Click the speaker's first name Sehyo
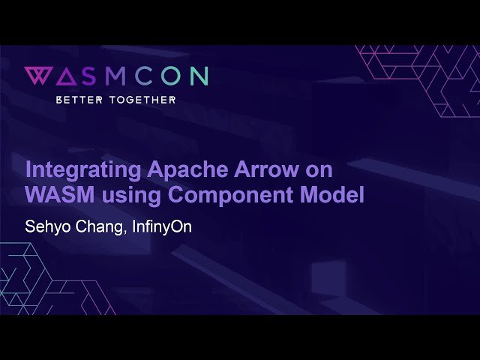(45, 226)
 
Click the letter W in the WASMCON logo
(37, 76)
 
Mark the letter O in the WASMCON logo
(167, 76)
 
